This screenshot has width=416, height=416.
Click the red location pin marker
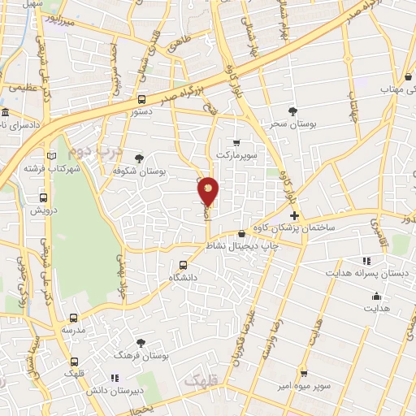coord(209,192)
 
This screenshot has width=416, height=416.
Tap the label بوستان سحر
coord(293,125)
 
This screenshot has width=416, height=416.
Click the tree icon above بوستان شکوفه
coord(140,158)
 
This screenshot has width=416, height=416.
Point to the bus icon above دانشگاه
coord(184,264)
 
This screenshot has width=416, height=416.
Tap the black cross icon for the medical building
coord(294,216)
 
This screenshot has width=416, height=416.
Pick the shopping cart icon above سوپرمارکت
coord(236,141)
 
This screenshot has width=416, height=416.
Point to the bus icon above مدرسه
coord(75,317)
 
